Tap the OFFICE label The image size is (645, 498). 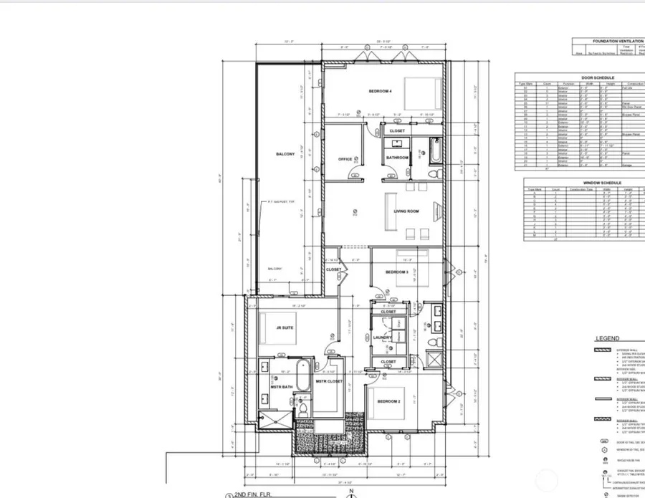(x=345, y=159)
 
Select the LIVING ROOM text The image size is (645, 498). (x=406, y=211)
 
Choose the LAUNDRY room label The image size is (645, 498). (x=383, y=337)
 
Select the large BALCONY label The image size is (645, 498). (x=285, y=154)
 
